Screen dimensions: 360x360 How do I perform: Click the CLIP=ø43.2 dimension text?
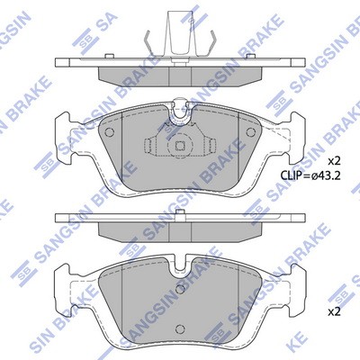coord(310,175)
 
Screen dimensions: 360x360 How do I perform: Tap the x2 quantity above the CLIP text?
coord(334,161)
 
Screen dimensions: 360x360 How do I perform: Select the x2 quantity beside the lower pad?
coord(334,312)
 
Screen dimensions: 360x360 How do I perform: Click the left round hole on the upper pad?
coord(109,131)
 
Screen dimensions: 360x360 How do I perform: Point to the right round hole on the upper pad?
coord(250,131)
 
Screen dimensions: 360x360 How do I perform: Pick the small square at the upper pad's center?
coord(180,146)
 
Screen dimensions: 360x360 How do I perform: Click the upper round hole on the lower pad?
coord(180,289)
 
